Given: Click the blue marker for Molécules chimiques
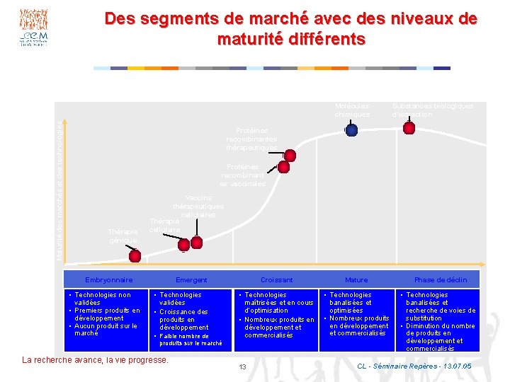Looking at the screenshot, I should tap(351, 129).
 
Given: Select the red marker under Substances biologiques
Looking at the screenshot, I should tap(409, 128).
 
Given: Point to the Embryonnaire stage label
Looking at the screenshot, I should tap(108, 280).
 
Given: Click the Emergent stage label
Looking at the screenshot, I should tap(191, 280).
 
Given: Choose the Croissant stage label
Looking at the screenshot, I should tap(276, 280).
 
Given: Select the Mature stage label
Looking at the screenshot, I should tap(356, 280).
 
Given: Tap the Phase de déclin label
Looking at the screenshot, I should tap(441, 280).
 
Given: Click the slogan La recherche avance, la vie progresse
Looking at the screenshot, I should tap(96, 360).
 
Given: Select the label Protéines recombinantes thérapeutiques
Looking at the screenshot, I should tap(251, 139).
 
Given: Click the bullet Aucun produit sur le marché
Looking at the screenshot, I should tap(105, 329).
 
